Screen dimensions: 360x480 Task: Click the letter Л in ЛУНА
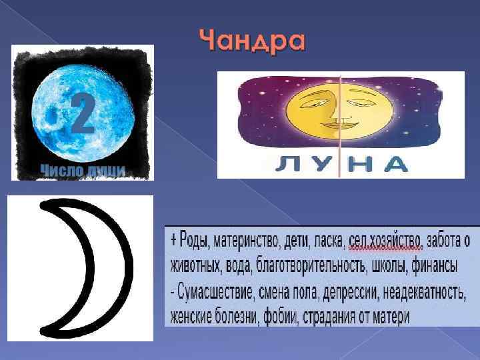(289, 165)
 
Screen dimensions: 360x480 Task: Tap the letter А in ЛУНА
(395, 165)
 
